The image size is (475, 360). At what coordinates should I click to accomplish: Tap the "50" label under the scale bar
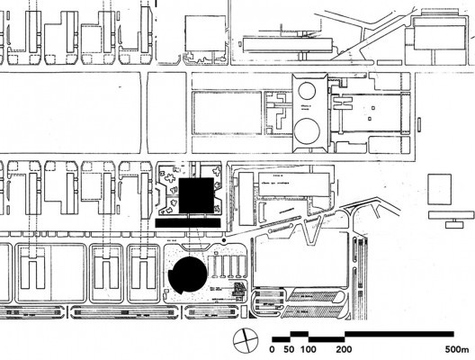[290, 349]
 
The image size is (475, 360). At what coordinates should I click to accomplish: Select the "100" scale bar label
[309, 349]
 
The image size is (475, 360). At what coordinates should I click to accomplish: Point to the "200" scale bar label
[345, 349]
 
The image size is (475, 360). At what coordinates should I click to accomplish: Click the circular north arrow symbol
[244, 341]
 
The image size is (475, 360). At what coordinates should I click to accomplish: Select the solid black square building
[195, 196]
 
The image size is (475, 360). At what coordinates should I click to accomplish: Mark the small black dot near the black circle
[223, 241]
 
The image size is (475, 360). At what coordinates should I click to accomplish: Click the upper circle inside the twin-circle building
[309, 91]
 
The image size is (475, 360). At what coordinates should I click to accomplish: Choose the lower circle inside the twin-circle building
[309, 135]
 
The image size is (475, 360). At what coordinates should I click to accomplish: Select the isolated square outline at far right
[440, 190]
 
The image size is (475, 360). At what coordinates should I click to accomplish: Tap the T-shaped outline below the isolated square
[450, 217]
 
